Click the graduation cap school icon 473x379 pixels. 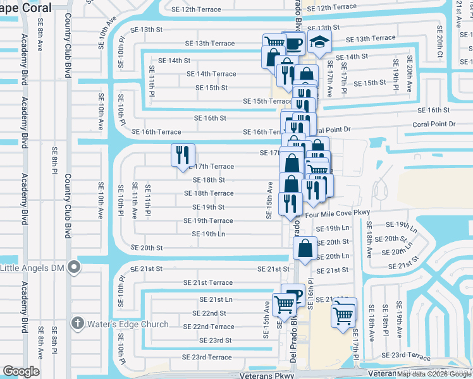pyautogui.click(x=319, y=44)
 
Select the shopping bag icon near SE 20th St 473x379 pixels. pyautogui.click(x=305, y=248)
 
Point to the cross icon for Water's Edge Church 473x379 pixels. pyautogui.click(x=78, y=324)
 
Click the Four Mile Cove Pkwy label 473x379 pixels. pyautogui.click(x=337, y=215)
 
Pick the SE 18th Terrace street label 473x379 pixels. pyautogui.click(x=213, y=193)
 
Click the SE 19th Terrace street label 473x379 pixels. pyautogui.click(x=208, y=221)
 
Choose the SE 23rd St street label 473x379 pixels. pyautogui.click(x=211, y=340)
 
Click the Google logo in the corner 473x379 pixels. pyautogui.click(x=21, y=371)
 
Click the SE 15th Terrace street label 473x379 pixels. pyautogui.click(x=267, y=101)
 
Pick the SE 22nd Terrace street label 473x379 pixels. pyautogui.click(x=209, y=327)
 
